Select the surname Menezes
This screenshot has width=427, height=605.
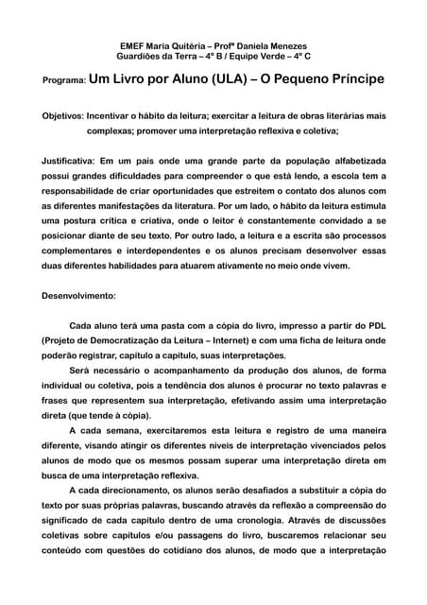point(286,44)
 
